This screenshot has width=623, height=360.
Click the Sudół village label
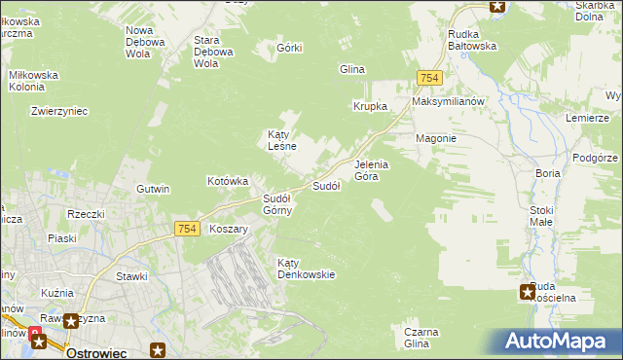click(325, 186)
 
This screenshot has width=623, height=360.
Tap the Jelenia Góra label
click(371, 170)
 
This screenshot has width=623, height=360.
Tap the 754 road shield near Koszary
click(189, 229)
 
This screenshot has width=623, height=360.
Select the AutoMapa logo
click(559, 341)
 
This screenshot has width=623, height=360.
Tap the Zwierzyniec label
click(59, 111)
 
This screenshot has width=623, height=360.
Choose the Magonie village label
click(436, 138)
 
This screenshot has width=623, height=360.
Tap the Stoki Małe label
click(541, 215)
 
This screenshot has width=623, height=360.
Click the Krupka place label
click(371, 106)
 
